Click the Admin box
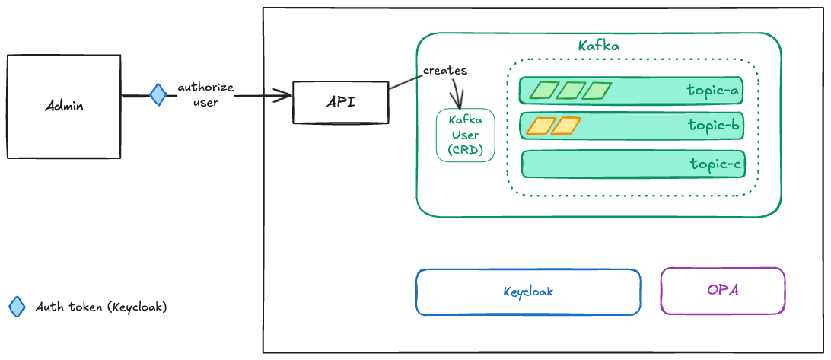tap(63, 107)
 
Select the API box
tap(340, 102)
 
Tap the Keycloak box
tap(528, 292)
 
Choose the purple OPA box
tap(723, 291)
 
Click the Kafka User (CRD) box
tap(465, 135)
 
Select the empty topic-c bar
tap(633, 164)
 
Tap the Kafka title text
tap(598, 46)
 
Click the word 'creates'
tap(445, 71)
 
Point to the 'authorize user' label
tap(205, 95)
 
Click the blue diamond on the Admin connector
tap(158, 95)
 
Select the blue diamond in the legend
tap(17, 307)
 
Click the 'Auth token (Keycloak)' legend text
tap(101, 307)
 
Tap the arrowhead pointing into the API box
tap(285, 96)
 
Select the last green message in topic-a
tap(597, 91)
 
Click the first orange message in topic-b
tap(540, 126)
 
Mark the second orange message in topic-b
tap(566, 126)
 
